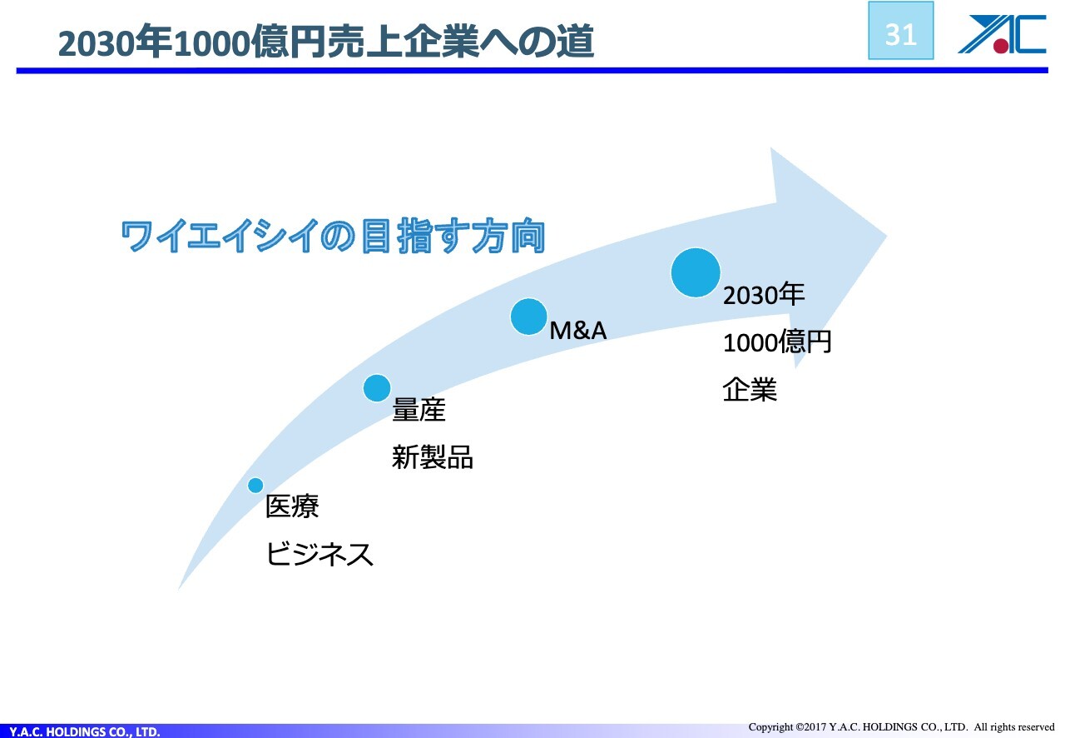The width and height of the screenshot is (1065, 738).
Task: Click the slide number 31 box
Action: coord(900,31)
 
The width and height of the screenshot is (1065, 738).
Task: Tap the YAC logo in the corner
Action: coord(1002,34)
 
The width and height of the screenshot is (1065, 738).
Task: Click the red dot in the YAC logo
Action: coord(1001,46)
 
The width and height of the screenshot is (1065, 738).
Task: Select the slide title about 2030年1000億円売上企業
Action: coord(326,42)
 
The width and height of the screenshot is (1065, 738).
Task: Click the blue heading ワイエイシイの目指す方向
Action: coord(333,235)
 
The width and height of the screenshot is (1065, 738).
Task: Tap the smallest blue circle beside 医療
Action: coord(255,485)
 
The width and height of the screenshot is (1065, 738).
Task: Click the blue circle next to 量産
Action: coord(377,388)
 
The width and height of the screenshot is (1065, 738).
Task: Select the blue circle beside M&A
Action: coord(528,317)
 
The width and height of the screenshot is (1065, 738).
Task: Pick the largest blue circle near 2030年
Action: coord(696,272)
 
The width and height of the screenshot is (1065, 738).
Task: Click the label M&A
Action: coord(577,331)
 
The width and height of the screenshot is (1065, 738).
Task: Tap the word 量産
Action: coord(419,410)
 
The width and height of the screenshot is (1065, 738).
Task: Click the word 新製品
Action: coord(432,457)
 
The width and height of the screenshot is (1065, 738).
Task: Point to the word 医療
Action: coord(292,506)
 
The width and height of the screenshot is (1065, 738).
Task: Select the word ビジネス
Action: coord(319,554)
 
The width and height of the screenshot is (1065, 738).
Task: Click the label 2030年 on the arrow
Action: coord(764,294)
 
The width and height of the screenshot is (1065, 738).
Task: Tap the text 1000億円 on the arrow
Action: coord(777,342)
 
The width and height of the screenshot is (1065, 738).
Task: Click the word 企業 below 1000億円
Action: coord(750,390)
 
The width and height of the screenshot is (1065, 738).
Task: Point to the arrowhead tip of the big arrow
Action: coord(886,236)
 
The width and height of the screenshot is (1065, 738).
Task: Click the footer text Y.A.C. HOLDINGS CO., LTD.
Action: coord(85,731)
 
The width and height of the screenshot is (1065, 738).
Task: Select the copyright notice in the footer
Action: coord(901,727)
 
